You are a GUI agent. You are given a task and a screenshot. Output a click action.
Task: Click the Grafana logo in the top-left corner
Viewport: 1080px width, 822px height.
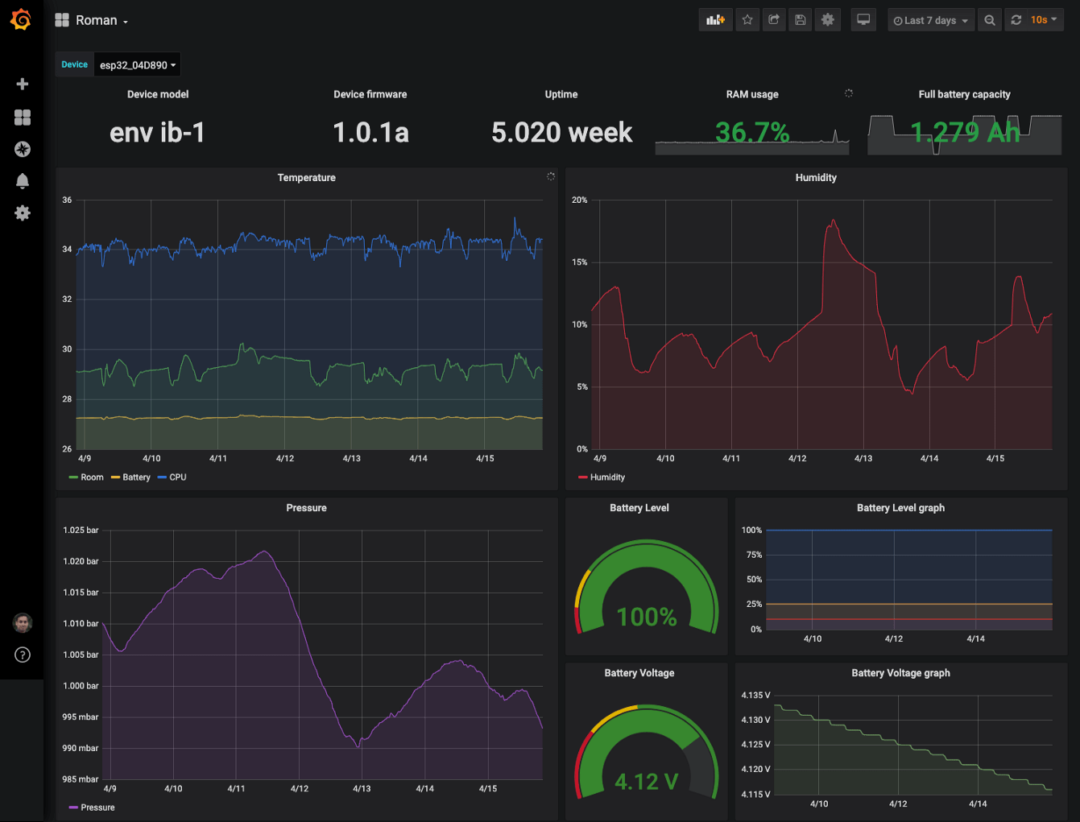click(21, 20)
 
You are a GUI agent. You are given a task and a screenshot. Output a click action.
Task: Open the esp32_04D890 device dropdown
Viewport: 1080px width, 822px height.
click(137, 65)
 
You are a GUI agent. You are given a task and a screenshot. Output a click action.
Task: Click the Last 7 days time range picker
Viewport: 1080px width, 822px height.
click(930, 20)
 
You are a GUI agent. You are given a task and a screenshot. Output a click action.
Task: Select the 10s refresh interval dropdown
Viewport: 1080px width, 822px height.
click(1043, 20)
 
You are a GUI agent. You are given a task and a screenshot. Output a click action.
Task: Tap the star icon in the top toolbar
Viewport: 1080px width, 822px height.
click(747, 20)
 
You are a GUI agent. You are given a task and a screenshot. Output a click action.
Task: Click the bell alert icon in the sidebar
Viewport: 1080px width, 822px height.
click(23, 181)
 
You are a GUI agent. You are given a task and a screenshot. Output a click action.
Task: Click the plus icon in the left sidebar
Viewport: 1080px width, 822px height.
click(23, 84)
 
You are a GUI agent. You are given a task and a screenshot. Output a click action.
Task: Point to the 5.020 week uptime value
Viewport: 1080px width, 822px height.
click(561, 133)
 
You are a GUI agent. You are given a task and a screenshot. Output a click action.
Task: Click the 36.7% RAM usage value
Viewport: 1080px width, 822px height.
click(752, 132)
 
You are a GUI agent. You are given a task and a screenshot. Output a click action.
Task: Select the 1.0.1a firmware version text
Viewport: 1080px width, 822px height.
click(370, 133)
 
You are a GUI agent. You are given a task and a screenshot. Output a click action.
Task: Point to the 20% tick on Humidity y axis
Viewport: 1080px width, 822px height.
click(579, 200)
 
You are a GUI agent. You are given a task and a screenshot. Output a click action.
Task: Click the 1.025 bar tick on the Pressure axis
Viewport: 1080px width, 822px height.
click(81, 531)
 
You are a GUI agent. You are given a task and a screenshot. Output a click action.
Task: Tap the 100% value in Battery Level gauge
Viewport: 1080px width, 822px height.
click(646, 618)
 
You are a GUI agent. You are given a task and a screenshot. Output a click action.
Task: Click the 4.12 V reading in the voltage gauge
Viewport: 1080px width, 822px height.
click(646, 782)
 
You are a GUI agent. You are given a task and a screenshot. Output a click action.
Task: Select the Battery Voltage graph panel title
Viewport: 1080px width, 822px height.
click(900, 673)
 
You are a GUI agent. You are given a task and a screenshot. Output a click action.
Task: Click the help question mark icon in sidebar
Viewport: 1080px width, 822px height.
click(23, 655)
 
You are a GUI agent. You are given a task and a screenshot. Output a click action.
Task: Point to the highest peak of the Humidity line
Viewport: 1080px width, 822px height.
click(834, 221)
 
